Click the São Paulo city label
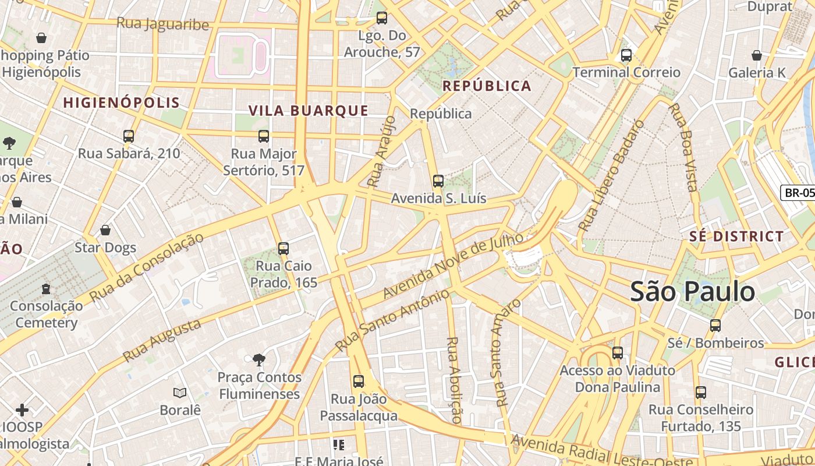[x=693, y=291]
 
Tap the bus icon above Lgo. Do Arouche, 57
[x=381, y=18]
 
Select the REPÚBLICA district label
[x=487, y=86]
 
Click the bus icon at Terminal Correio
[x=626, y=56]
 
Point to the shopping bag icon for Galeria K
[x=756, y=56]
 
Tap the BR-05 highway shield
[x=798, y=193]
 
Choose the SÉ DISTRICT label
[x=736, y=236]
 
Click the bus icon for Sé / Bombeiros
[x=715, y=326]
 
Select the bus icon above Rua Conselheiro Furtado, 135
[x=700, y=393]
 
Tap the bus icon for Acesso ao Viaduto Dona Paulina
[x=617, y=353]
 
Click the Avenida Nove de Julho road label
[x=452, y=266]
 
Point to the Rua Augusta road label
[x=162, y=340]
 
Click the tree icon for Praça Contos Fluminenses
[x=259, y=360]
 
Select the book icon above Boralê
[x=180, y=393]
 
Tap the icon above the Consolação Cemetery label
[x=46, y=289]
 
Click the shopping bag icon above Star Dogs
[x=105, y=231]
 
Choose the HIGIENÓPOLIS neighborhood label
[x=121, y=103]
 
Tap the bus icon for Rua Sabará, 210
[x=129, y=136]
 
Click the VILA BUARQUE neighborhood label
[x=309, y=111]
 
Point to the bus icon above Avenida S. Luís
[x=438, y=181]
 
